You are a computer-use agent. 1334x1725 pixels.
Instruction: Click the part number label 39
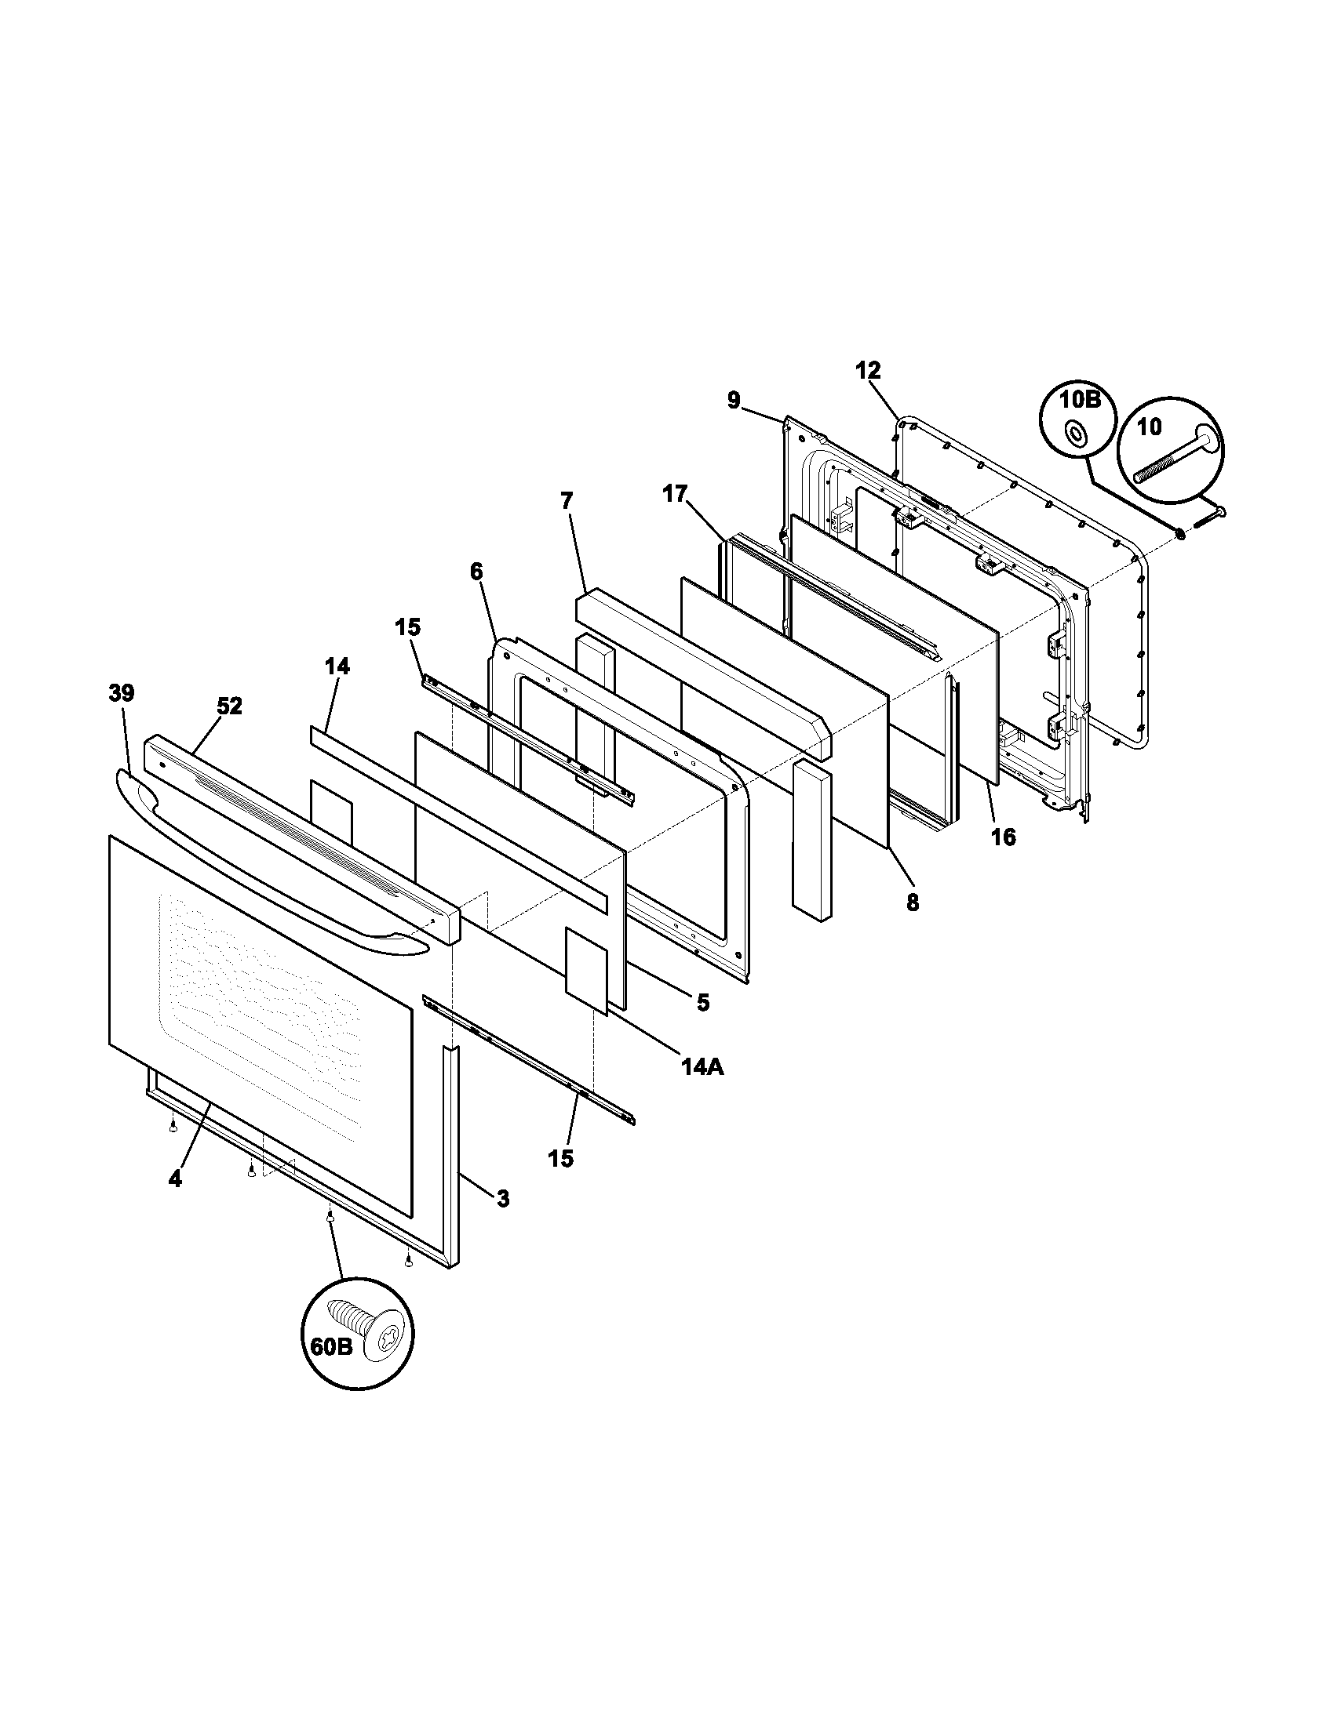[x=121, y=693]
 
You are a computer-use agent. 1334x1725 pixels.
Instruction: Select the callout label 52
[x=229, y=706]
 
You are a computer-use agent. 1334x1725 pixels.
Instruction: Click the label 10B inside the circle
[x=1080, y=400]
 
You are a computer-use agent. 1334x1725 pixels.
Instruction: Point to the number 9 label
[x=734, y=401]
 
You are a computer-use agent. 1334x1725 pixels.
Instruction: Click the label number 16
[x=1004, y=837]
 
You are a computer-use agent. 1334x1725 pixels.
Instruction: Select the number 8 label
[x=912, y=902]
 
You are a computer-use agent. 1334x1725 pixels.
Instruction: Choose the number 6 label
[x=476, y=571]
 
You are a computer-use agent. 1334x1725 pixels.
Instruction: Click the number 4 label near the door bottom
[x=175, y=1179]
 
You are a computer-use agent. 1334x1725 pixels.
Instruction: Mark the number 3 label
[x=503, y=1199]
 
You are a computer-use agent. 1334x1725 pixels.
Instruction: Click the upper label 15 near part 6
[x=408, y=627]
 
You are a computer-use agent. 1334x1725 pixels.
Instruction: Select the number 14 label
[x=337, y=666]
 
